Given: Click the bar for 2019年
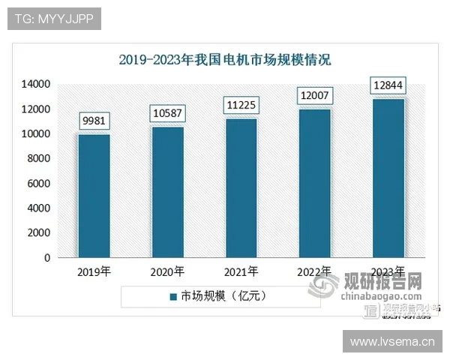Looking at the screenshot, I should click(94, 196).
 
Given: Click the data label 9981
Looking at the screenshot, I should click(94, 121).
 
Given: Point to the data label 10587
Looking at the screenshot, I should click(168, 113).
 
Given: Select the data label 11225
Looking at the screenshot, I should click(241, 105).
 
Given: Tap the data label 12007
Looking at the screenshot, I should click(315, 96).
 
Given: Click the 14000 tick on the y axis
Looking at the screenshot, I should click(35, 84).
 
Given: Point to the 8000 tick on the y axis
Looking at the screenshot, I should click(38, 158).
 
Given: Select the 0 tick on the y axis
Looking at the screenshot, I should click(46, 258).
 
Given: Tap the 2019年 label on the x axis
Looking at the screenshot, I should click(94, 271).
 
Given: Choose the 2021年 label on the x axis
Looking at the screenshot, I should click(241, 271).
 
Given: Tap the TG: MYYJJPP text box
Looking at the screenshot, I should click(54, 19).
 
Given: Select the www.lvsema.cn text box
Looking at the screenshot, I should click(392, 342).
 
